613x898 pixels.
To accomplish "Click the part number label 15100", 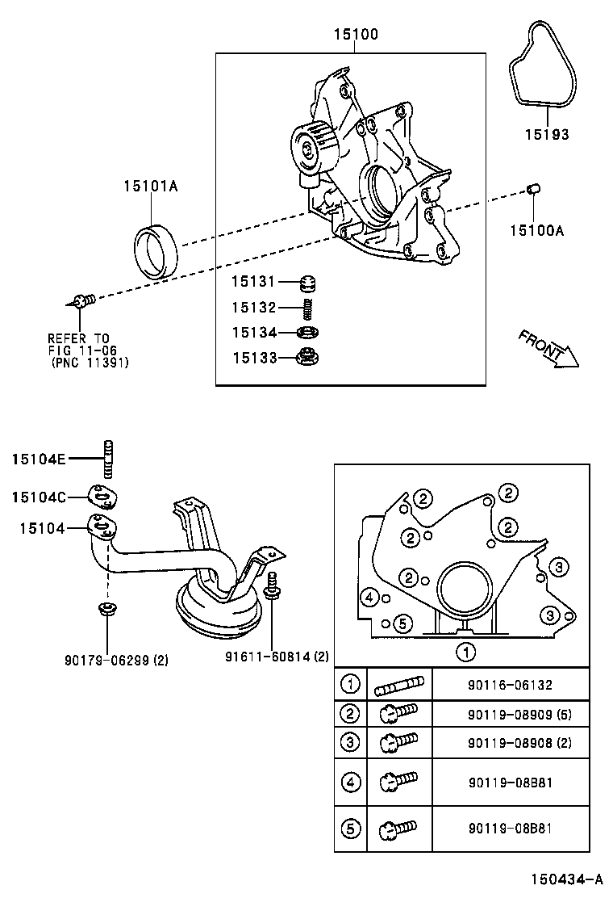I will (x=356, y=35).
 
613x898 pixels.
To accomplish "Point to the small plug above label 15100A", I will (x=532, y=190).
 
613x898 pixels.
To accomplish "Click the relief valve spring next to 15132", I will (x=306, y=308).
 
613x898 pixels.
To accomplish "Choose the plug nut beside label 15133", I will (x=306, y=356).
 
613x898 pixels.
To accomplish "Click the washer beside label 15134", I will (x=306, y=332).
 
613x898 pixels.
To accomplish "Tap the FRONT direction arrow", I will (x=549, y=348).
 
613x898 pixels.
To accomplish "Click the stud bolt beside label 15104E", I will (x=106, y=459).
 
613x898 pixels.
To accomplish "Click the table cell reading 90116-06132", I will (x=510, y=685).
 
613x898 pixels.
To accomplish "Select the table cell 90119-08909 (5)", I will (x=519, y=715).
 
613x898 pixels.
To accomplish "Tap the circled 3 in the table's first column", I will (x=350, y=741).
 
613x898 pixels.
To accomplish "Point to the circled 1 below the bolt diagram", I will (x=464, y=651).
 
